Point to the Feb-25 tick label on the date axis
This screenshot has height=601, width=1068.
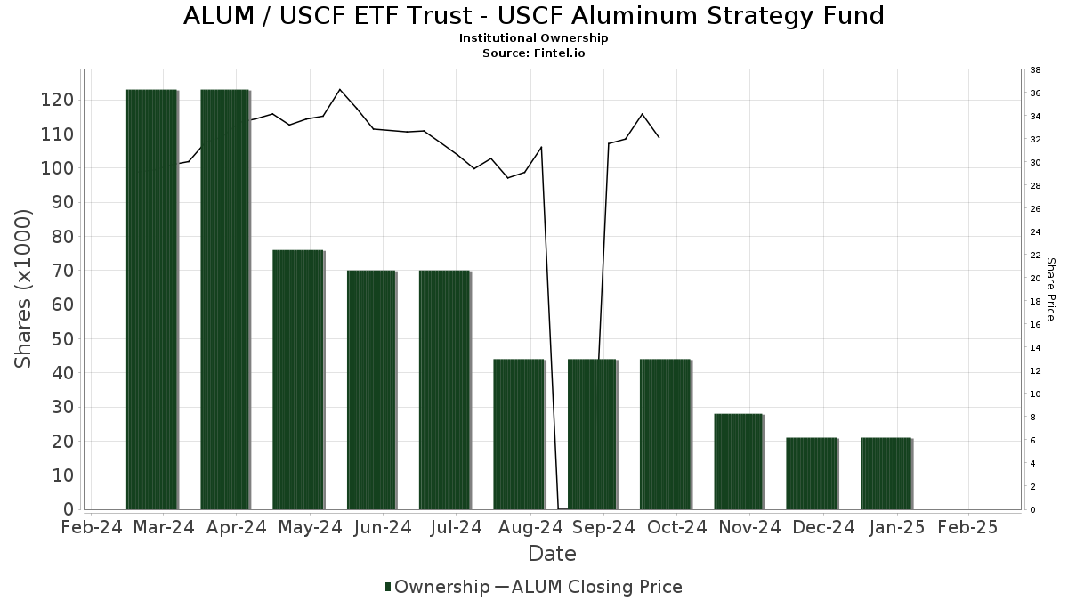point(967,527)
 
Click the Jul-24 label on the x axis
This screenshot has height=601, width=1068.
point(456,527)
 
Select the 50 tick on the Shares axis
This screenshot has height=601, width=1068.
point(61,339)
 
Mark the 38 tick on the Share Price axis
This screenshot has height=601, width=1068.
point(1035,70)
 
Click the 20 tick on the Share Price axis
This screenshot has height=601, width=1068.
point(1035,279)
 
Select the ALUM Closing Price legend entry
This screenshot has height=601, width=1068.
point(588,587)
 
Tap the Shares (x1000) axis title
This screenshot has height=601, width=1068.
point(24,288)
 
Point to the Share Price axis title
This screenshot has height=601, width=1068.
point(1050,288)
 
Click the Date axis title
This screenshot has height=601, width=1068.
point(552,554)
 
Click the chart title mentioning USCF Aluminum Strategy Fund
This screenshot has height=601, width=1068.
point(534,16)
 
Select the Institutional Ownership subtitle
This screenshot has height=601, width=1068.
point(534,38)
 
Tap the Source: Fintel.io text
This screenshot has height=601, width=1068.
point(534,53)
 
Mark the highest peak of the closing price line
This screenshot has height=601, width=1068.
point(340,89)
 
